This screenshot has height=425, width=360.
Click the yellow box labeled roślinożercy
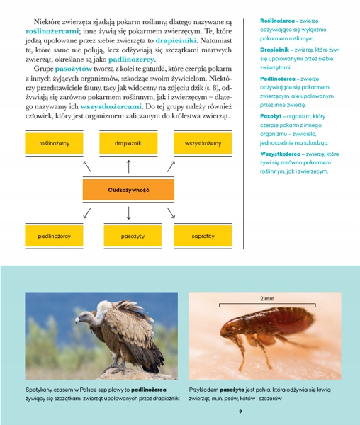(55, 143)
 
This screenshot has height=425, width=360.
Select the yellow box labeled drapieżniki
(129, 143)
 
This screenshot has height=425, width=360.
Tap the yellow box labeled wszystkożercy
(203, 143)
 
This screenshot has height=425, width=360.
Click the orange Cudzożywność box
(128, 190)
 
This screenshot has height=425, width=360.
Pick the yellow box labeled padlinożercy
(55, 236)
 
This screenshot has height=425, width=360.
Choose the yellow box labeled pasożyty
(129, 236)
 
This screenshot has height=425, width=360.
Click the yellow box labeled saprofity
(203, 236)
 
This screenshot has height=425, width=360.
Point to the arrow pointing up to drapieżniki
(129, 166)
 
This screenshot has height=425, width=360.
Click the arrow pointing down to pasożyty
(129, 212)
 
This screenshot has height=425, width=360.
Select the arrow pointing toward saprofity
(171, 212)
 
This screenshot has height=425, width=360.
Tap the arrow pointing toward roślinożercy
(87, 166)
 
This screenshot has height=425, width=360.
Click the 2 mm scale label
(267, 298)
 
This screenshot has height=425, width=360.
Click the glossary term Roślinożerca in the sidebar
(277, 21)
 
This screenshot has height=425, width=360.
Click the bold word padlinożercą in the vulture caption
(150, 390)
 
